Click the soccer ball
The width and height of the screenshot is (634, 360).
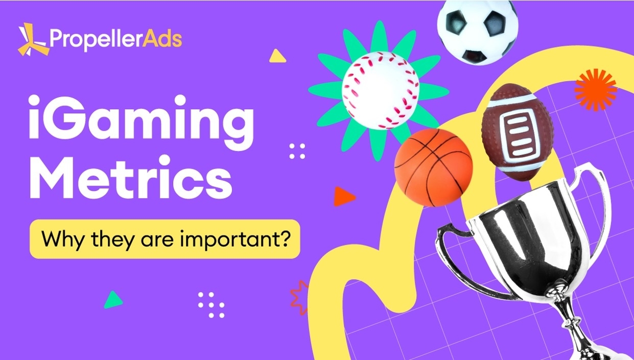click(x=478, y=32)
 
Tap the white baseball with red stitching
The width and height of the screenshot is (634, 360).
click(x=381, y=90)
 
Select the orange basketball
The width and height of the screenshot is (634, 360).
click(x=433, y=167)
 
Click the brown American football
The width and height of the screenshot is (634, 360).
click(x=518, y=132)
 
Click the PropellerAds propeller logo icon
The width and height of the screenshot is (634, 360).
click(x=32, y=39)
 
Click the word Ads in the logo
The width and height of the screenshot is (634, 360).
click(x=162, y=39)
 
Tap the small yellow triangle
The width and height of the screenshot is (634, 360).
click(x=277, y=57)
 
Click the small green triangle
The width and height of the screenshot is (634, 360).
click(x=113, y=300)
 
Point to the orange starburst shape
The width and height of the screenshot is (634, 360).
click(x=595, y=90)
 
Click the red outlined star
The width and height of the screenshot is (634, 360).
click(x=299, y=298)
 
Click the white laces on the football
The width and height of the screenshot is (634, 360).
click(x=519, y=133)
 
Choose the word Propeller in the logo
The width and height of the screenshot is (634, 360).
click(x=96, y=40)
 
